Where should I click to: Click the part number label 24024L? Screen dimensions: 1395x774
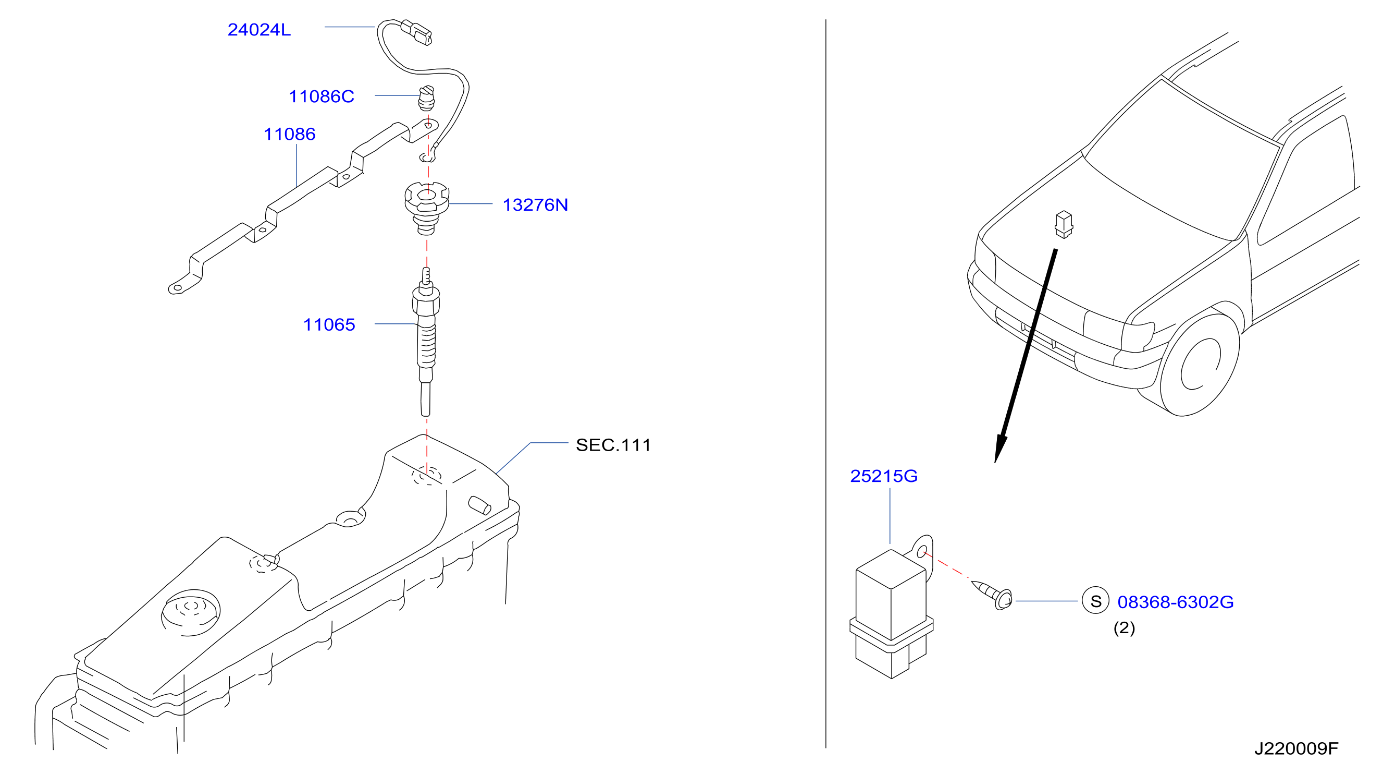click(259, 30)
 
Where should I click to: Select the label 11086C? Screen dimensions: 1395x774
click(321, 96)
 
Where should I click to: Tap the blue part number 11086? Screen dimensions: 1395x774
click(289, 134)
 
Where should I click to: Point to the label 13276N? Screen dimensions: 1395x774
click(535, 205)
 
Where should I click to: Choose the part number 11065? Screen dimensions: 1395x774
click(329, 324)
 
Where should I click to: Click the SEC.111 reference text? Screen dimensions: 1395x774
click(613, 445)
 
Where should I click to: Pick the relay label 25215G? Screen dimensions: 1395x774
click(884, 476)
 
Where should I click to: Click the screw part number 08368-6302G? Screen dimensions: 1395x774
click(1175, 602)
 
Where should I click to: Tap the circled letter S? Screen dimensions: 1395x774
click(1095, 601)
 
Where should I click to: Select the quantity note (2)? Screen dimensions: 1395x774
click(1124, 627)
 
